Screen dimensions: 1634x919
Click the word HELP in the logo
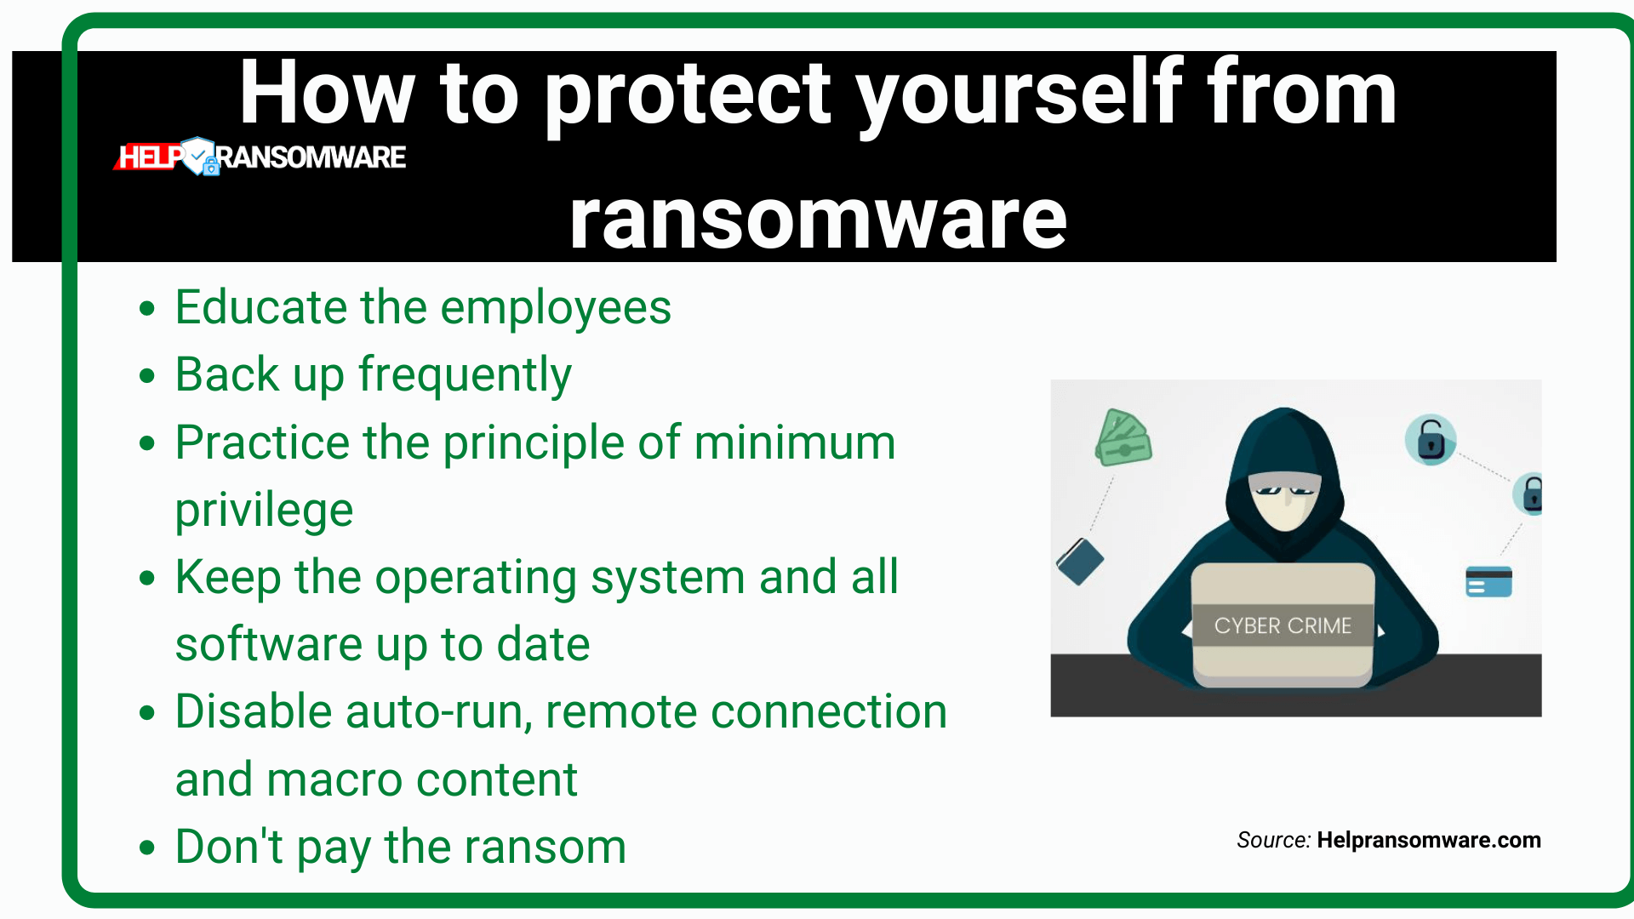[150, 157]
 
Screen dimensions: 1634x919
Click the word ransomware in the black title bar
[818, 220]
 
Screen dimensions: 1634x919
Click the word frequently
[465, 375]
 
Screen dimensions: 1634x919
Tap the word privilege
[264, 511]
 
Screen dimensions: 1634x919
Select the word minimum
[795, 442]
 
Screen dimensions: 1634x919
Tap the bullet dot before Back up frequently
[147, 375]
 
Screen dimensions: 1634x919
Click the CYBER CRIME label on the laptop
[1283, 625]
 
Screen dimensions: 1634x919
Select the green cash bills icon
[1123, 437]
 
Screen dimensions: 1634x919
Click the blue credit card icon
[1488, 582]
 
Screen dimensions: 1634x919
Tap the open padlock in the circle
[1431, 440]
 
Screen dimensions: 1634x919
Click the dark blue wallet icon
[1080, 562]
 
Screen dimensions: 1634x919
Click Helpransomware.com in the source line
[1429, 840]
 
